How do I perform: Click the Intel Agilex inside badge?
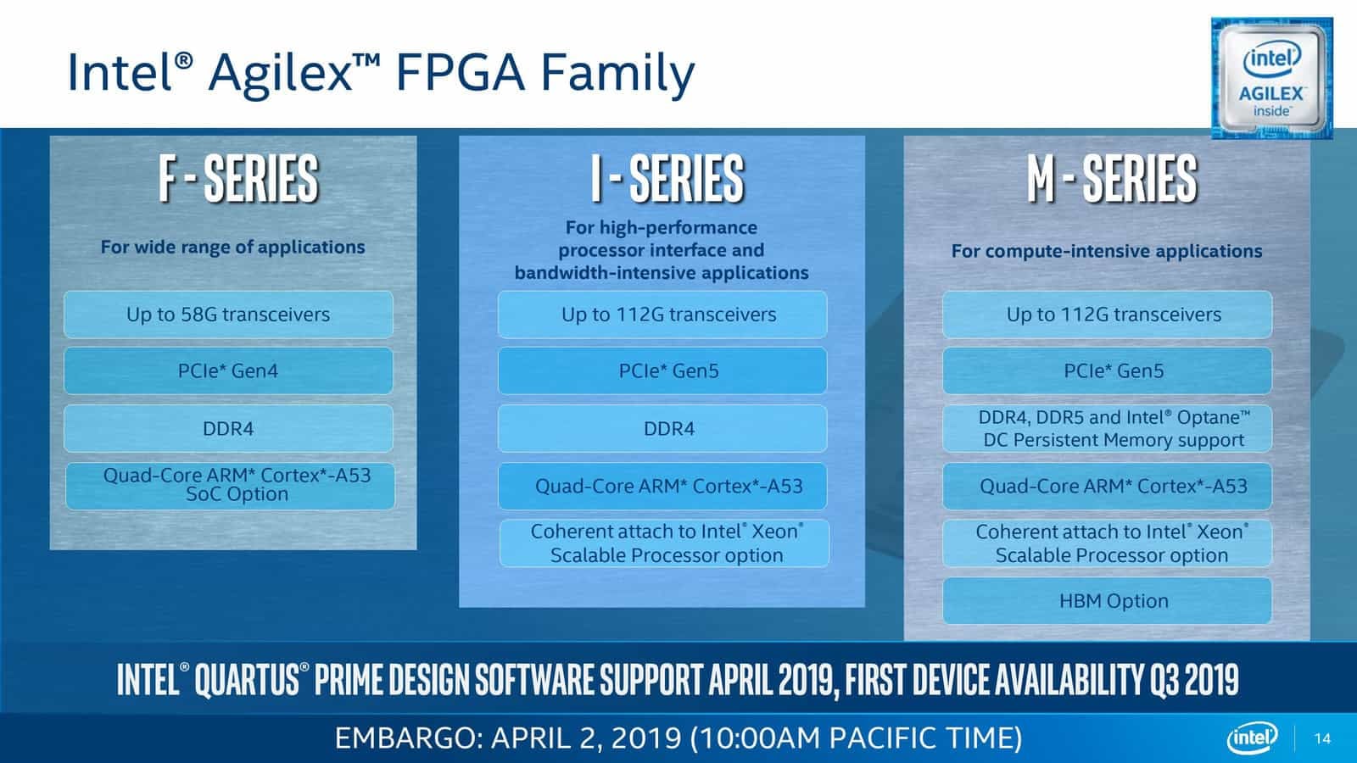1270,78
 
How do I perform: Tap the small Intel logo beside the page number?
1251,738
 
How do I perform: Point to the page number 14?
1322,738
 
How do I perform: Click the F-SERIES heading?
237,179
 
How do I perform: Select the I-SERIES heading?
667,179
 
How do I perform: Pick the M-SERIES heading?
1111,179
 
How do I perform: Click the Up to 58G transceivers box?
228,315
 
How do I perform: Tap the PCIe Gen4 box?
228,370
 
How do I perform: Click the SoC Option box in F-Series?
230,485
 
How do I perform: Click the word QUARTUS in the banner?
247,680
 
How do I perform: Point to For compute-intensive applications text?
1106,251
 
